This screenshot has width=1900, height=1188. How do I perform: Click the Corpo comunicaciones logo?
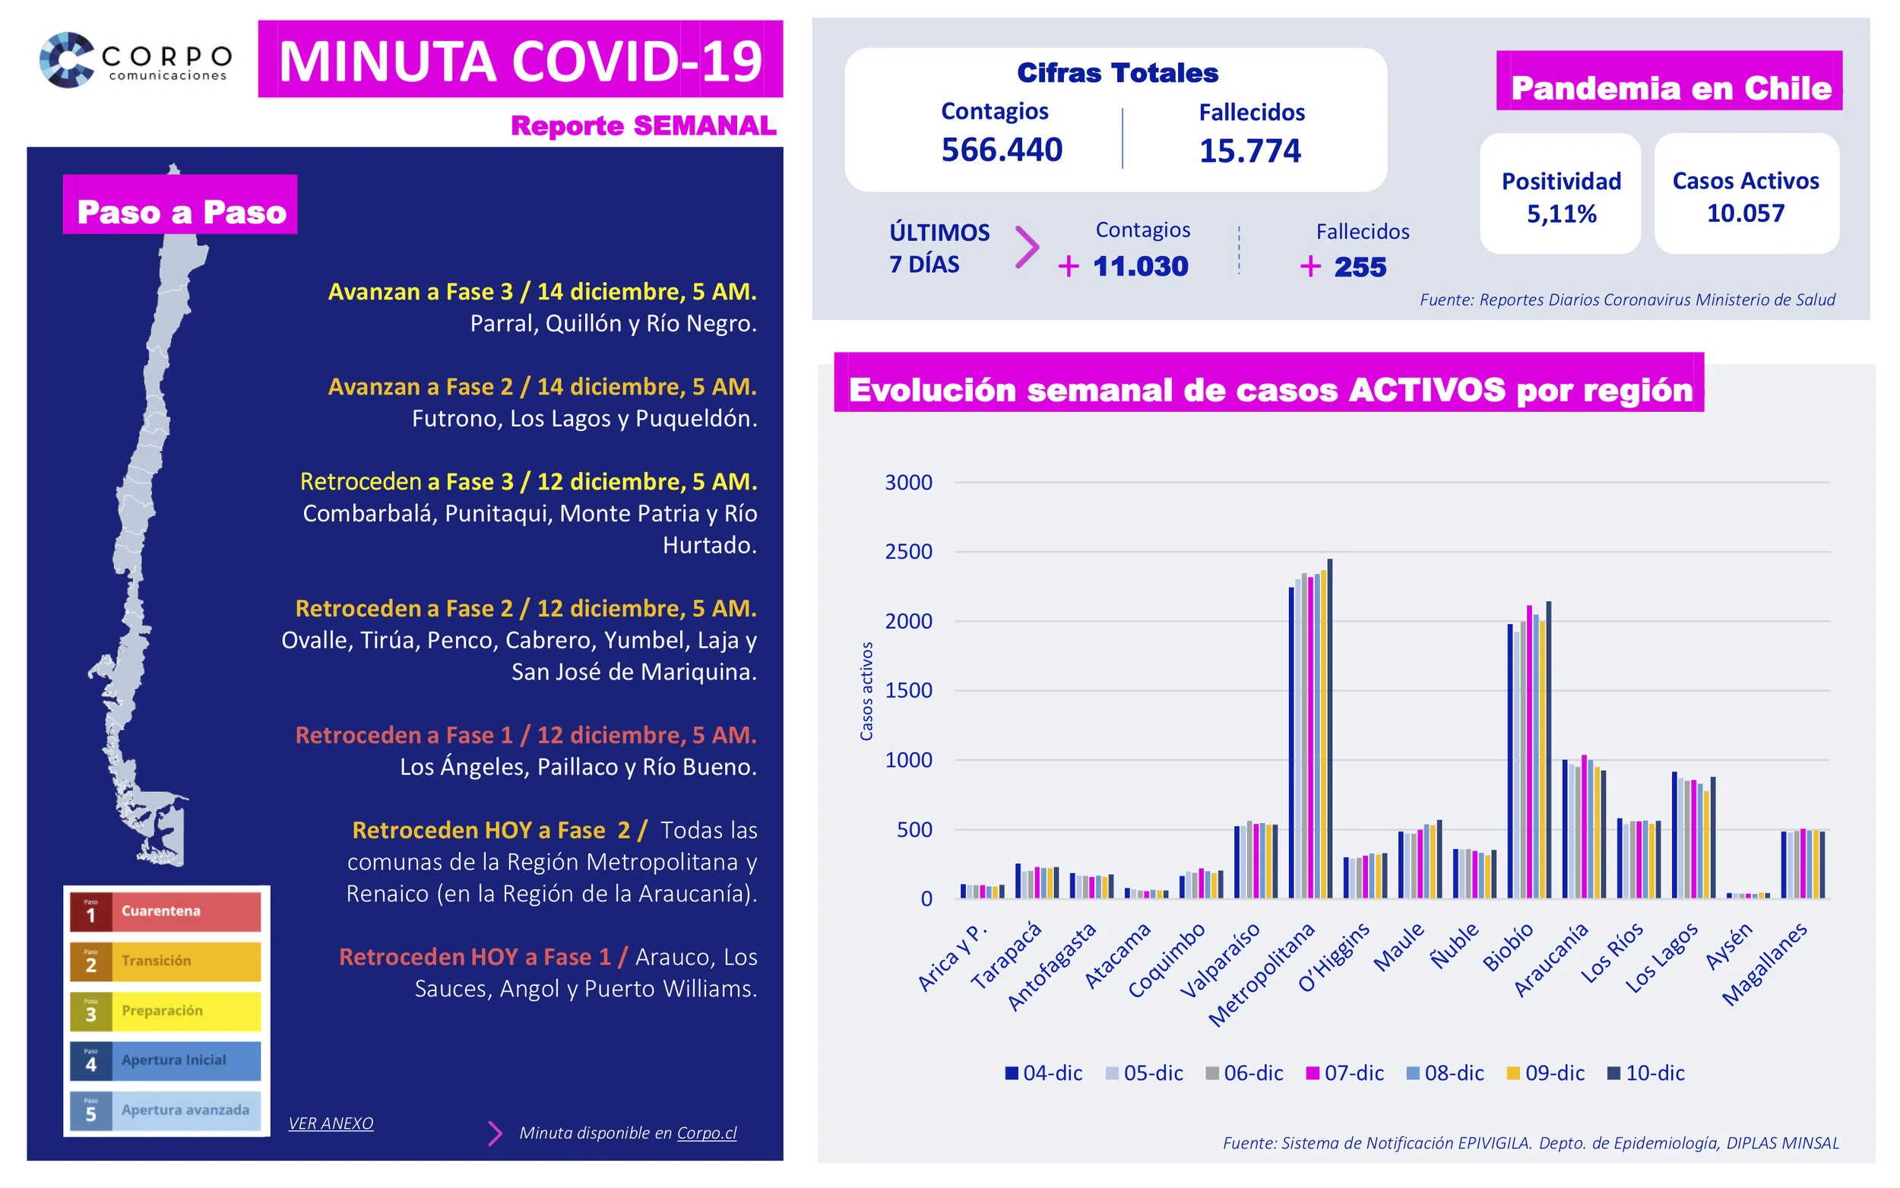click(135, 60)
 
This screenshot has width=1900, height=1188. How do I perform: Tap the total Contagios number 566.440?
click(1002, 149)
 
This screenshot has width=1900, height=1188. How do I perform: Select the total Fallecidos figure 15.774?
click(1249, 150)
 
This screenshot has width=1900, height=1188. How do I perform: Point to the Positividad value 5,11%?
click(1561, 214)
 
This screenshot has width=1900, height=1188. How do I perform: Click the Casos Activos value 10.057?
click(1745, 213)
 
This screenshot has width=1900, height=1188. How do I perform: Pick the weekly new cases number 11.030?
click(1140, 266)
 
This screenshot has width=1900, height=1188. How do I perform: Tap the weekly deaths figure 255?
click(1360, 267)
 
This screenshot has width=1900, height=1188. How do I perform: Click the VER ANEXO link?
click(331, 1123)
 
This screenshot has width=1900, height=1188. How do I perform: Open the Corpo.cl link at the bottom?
click(706, 1133)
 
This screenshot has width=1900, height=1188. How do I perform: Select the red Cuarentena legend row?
click(165, 911)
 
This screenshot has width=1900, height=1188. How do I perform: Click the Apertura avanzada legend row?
click(165, 1110)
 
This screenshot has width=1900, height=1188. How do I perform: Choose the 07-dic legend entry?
click(1344, 1072)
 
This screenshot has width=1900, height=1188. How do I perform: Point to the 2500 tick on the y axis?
click(908, 552)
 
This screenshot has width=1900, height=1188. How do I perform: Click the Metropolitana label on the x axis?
click(1261, 974)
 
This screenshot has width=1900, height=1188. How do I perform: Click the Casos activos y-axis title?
click(866, 691)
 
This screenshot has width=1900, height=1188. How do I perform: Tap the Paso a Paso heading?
click(181, 212)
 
